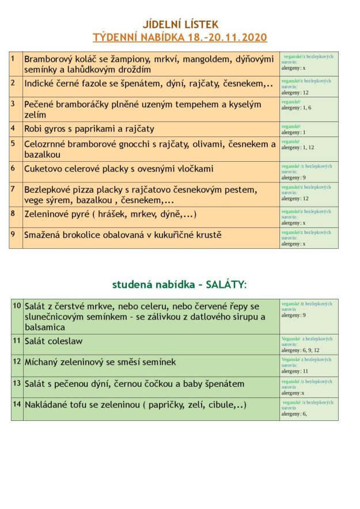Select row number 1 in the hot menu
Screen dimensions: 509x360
(x=13, y=58)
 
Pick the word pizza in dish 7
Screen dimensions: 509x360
(x=88, y=189)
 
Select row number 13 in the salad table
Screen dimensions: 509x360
(x=16, y=383)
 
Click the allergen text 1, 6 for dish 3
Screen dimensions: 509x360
(x=306, y=108)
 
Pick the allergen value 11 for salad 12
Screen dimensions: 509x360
(x=305, y=371)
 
